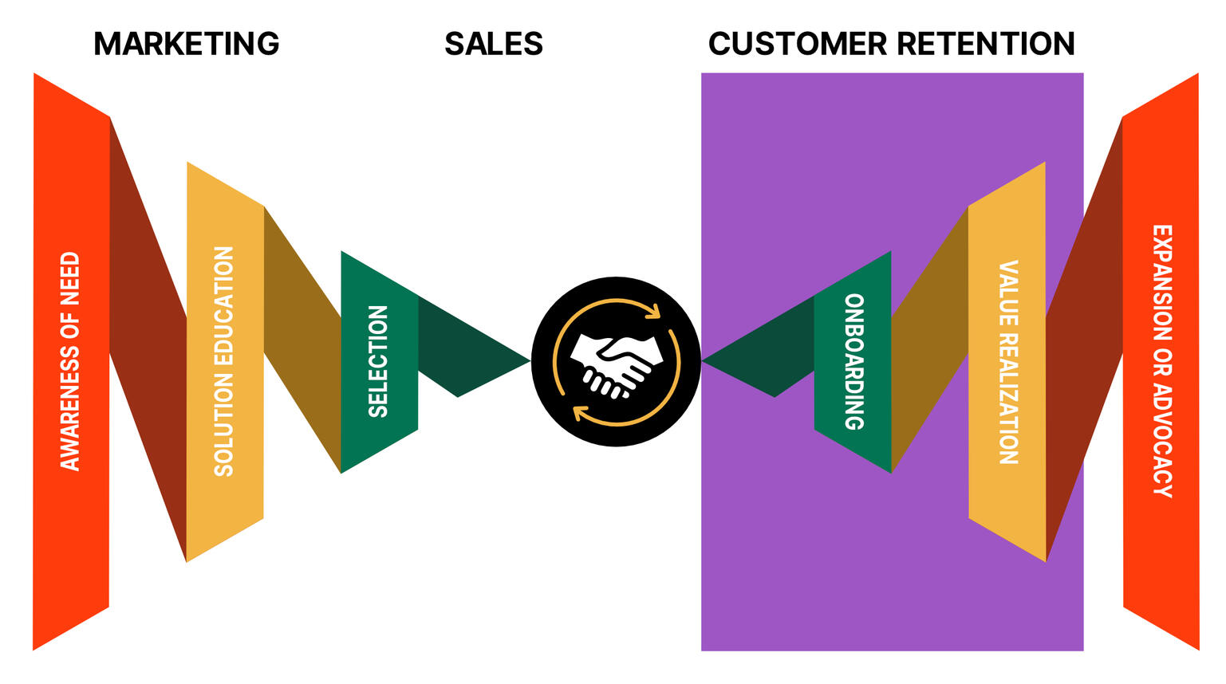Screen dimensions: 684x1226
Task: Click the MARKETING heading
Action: (187, 44)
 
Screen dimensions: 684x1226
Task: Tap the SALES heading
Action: (494, 44)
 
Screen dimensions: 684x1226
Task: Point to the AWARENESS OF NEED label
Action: (70, 361)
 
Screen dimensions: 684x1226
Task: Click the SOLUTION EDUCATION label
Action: (224, 361)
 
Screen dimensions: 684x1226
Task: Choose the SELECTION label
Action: (378, 361)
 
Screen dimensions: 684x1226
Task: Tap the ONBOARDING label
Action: (853, 361)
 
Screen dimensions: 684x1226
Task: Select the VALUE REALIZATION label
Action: (1008, 361)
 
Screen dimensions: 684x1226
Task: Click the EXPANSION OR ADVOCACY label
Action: (1161, 361)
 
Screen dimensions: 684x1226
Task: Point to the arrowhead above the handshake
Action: (653, 311)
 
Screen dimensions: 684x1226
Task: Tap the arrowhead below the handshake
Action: (579, 412)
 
